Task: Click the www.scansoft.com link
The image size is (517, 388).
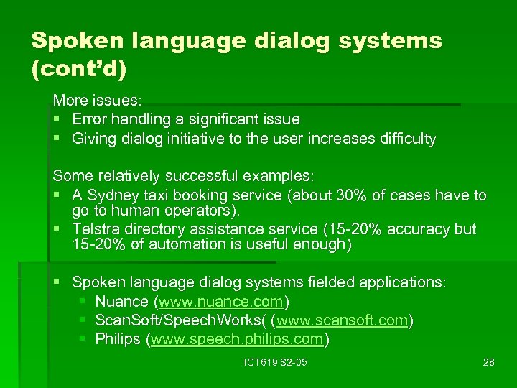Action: (x=343, y=320)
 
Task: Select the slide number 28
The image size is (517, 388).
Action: (x=488, y=362)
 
